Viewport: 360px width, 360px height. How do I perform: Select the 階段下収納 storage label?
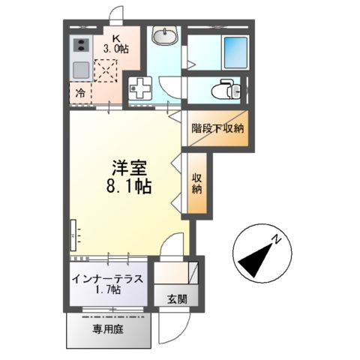(217, 128)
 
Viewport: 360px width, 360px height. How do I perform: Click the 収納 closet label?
(198, 184)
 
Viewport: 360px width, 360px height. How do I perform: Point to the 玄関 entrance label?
(178, 298)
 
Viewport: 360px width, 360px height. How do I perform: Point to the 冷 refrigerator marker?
(80, 94)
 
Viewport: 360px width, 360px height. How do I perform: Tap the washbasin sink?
(164, 35)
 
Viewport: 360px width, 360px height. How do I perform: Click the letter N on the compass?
(276, 240)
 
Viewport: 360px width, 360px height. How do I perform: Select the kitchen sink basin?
(80, 70)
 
